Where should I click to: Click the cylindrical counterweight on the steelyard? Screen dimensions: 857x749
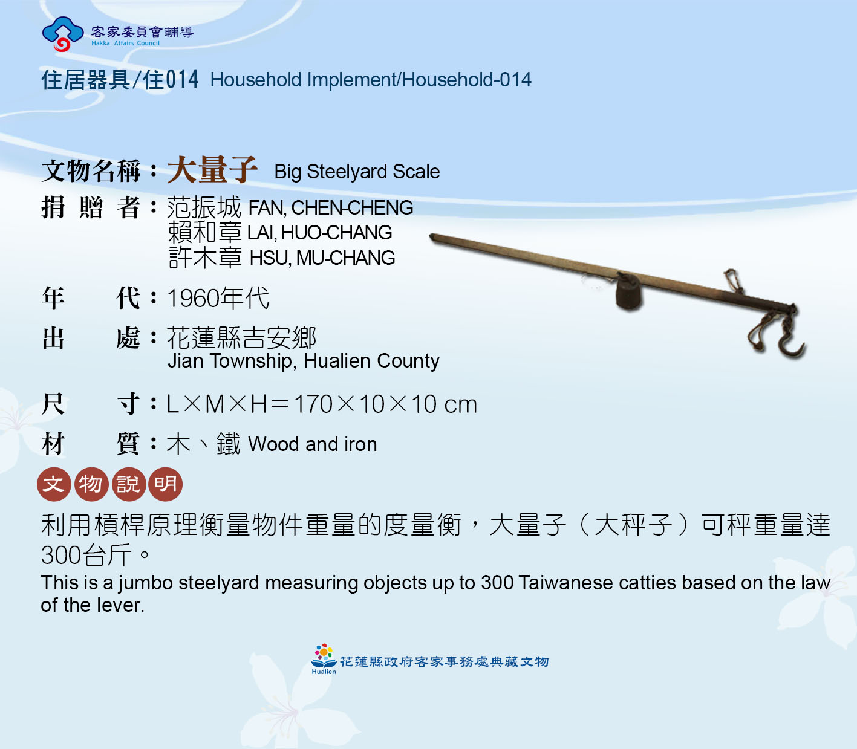click(x=628, y=294)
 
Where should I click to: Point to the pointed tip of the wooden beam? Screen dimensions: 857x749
click(x=431, y=236)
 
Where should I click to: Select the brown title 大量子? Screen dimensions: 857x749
click(x=212, y=169)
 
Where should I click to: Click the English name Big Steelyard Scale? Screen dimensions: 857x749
click(x=357, y=172)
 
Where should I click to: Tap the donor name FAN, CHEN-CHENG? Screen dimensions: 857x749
click(x=330, y=208)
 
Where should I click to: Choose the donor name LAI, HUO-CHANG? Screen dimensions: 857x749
click(x=319, y=233)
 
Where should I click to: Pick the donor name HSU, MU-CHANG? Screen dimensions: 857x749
click(x=322, y=258)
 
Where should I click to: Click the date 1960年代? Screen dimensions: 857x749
click(x=218, y=299)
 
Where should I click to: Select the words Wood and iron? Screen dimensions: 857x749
click(x=313, y=444)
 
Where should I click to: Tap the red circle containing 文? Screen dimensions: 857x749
click(x=54, y=484)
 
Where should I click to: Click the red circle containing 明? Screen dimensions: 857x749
click(x=166, y=484)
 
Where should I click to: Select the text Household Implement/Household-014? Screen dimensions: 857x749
click(x=371, y=80)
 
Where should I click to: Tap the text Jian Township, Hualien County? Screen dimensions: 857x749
click(x=304, y=361)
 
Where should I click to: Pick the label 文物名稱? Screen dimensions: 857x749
click(x=91, y=171)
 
